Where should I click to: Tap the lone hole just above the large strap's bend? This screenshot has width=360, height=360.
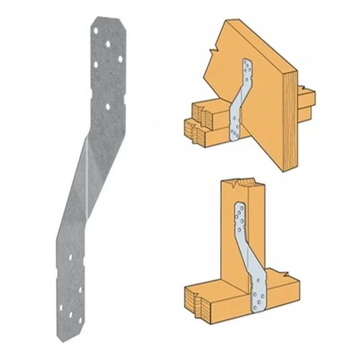pyautogui.click(x=108, y=106)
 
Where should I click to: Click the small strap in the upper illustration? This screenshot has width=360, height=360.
pyautogui.click(x=239, y=101)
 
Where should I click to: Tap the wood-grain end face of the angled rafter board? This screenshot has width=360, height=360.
pyautogui.click(x=289, y=120)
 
